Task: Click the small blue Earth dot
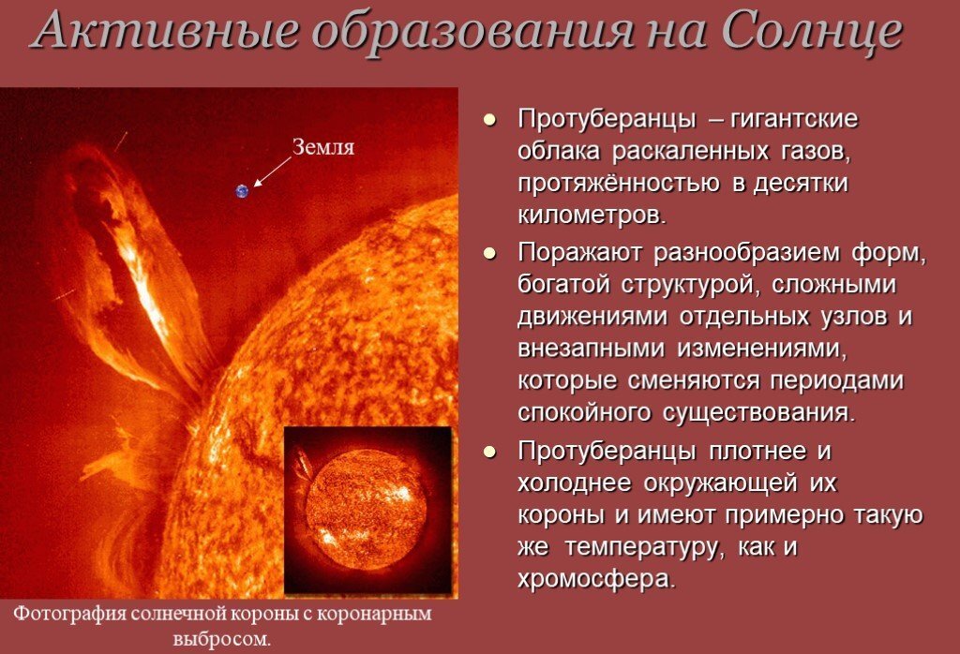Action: point(243,191)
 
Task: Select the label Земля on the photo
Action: point(323,147)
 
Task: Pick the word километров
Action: point(591,215)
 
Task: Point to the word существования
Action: point(759,412)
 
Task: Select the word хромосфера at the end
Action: point(594,578)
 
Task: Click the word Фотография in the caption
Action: point(66,616)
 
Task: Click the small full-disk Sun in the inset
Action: point(367,507)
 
